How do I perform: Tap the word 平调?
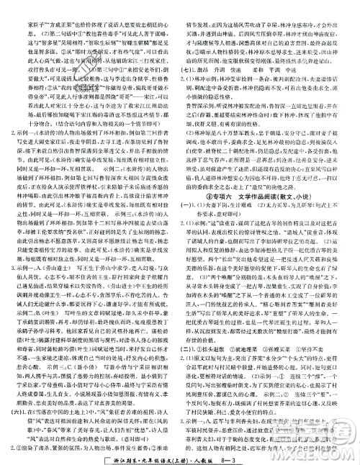307,74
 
